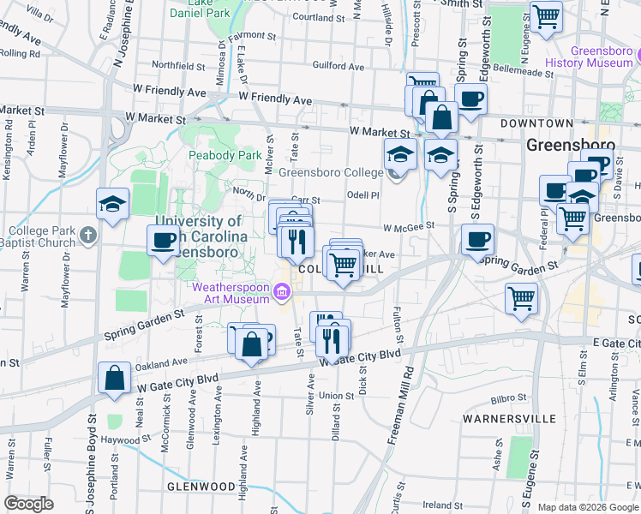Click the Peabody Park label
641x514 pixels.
[x=225, y=156]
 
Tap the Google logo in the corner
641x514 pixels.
[x=28, y=504]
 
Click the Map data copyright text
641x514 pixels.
[x=588, y=507]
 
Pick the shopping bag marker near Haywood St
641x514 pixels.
[x=115, y=378]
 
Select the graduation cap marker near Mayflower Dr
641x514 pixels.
[x=112, y=205]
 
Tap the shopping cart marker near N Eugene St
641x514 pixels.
[x=546, y=15]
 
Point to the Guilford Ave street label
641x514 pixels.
[x=338, y=66]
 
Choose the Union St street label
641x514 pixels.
[x=337, y=396]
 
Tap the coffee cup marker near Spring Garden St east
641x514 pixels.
[x=477, y=239]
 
